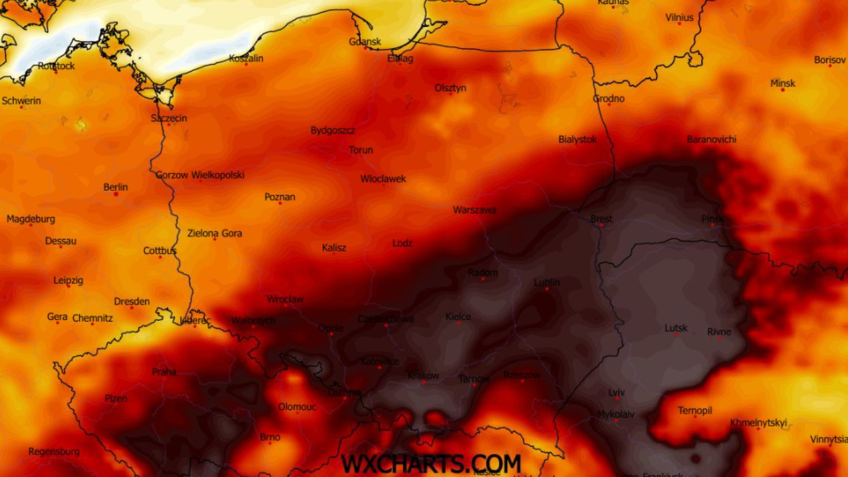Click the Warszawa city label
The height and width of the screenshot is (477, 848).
(474, 210)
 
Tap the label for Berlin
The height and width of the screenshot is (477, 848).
(116, 187)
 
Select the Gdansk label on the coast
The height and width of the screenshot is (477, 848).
(365, 42)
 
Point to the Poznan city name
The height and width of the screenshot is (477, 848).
(280, 197)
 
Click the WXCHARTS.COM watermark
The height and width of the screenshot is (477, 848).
(431, 464)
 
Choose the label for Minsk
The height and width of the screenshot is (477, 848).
(782, 83)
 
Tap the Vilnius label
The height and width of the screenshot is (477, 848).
(679, 18)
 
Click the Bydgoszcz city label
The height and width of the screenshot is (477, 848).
(333, 131)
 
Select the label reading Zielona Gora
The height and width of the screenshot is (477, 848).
(215, 233)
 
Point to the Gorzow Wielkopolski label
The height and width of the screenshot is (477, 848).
(200, 175)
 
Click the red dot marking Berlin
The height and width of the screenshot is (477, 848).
(116, 194)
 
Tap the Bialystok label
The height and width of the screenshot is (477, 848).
(577, 139)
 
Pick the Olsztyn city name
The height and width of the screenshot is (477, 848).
(450, 88)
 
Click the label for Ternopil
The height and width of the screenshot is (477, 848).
(695, 411)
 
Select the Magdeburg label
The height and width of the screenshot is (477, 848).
(30, 219)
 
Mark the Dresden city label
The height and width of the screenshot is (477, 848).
(131, 302)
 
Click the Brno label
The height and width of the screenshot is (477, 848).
(270, 437)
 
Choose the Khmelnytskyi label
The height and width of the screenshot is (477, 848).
(758, 423)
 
